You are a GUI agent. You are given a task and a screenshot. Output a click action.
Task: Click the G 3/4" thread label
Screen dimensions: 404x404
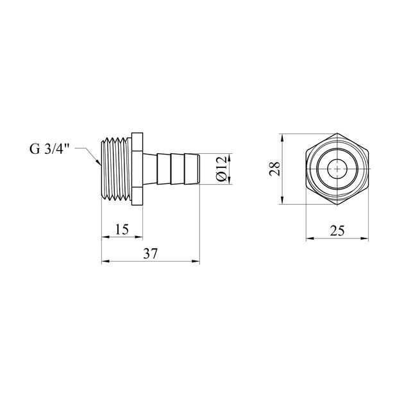tap(49, 149)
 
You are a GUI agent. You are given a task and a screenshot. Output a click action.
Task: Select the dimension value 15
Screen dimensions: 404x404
tap(122, 230)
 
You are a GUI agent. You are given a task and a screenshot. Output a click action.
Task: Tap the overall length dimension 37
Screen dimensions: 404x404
tap(150, 254)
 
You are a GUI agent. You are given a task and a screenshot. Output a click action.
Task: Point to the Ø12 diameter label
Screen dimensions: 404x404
tap(222, 169)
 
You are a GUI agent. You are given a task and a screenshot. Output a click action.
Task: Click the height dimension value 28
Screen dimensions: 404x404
tap(274, 169)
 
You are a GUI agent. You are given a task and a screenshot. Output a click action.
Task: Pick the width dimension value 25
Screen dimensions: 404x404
tap(337, 231)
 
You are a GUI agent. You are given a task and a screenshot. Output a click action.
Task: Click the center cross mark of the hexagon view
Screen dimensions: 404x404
tap(337, 169)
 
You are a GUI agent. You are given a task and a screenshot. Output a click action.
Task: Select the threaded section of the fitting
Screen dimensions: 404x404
tap(116, 169)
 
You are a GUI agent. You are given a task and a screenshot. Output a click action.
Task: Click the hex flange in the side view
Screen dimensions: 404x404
tap(137, 169)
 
